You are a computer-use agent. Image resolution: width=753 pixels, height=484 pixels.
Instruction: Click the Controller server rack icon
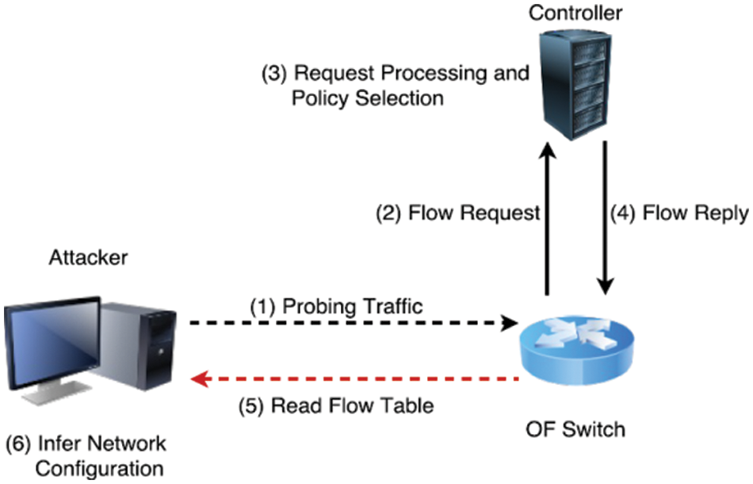point(575,83)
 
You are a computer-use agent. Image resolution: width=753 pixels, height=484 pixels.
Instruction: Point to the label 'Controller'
point(575,13)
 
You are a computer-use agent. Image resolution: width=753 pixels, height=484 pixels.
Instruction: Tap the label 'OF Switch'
point(575,429)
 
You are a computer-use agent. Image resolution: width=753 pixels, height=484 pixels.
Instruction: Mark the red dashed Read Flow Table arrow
point(357,379)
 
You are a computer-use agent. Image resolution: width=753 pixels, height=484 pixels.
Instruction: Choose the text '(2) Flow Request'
point(457,213)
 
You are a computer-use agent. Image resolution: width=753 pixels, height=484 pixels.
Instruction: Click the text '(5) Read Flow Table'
point(337,405)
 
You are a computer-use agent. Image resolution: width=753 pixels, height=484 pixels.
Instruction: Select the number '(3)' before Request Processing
point(274,74)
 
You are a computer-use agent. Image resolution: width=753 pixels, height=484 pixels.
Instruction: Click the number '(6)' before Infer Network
point(18,441)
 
